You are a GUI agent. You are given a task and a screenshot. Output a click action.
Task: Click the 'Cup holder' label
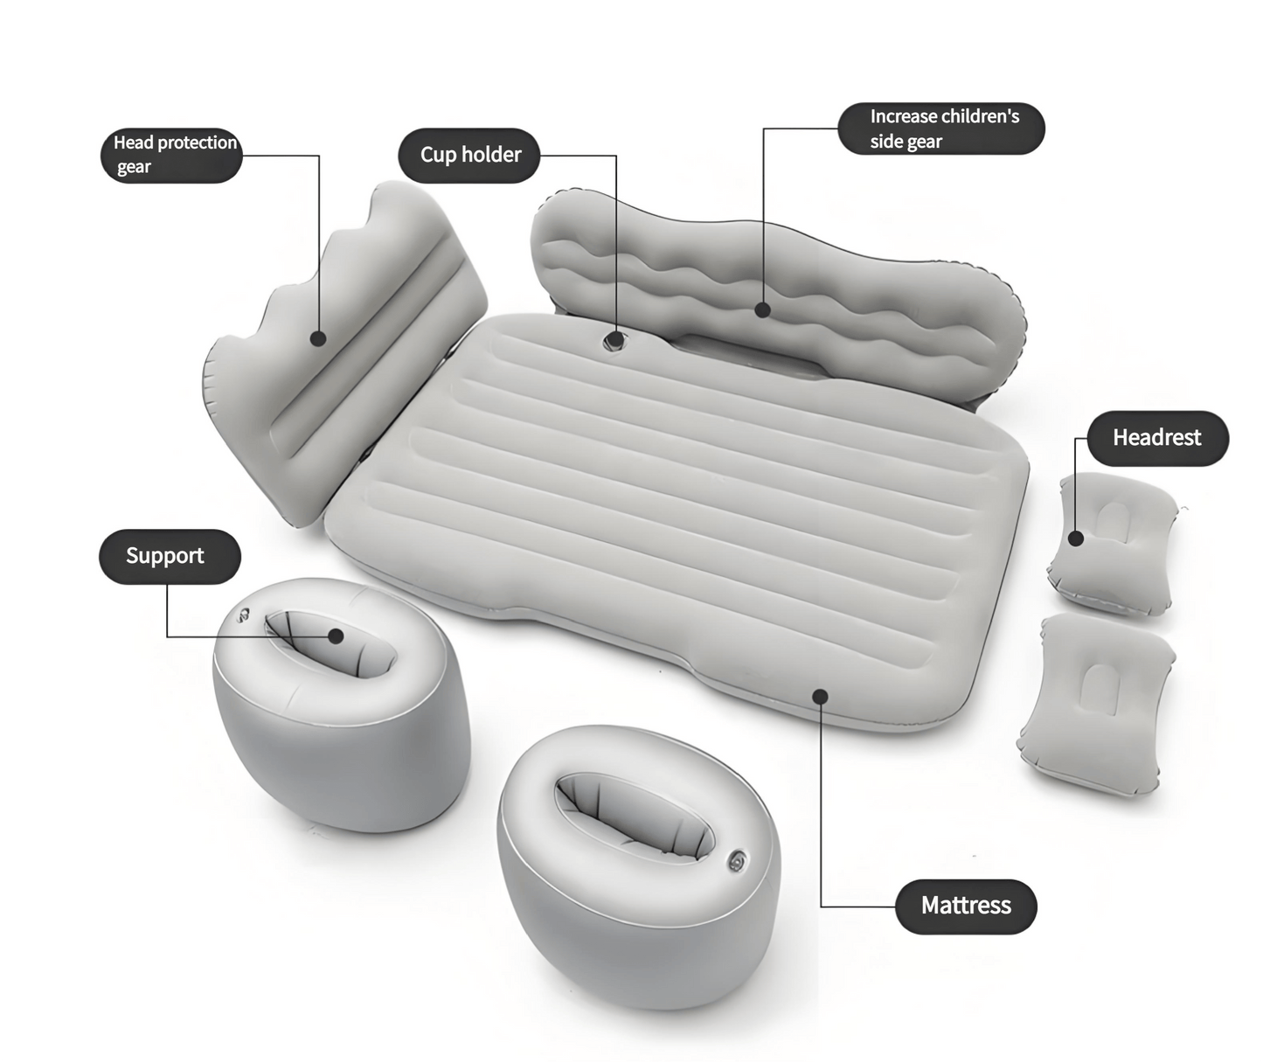469,156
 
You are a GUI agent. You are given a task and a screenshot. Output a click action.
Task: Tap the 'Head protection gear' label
171,155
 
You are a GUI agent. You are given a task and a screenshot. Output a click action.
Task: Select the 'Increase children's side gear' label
941,129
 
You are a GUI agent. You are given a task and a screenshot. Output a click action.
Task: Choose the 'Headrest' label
1156,438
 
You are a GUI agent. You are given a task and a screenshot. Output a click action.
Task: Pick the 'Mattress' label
966,906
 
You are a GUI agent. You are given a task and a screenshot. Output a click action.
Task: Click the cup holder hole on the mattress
614,340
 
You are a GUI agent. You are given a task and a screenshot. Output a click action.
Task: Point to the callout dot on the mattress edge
820,696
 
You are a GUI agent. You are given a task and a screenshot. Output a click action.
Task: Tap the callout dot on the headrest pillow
1076,538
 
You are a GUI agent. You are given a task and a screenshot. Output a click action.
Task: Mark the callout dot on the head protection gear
318,338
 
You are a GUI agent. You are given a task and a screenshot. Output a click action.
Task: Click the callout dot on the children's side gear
762,309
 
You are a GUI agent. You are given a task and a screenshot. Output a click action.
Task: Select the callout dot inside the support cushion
337,636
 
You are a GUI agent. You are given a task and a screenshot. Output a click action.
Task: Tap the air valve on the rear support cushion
243,615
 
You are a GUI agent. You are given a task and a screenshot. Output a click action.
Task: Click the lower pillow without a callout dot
1097,704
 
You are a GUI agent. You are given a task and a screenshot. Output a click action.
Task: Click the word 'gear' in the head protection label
134,168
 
